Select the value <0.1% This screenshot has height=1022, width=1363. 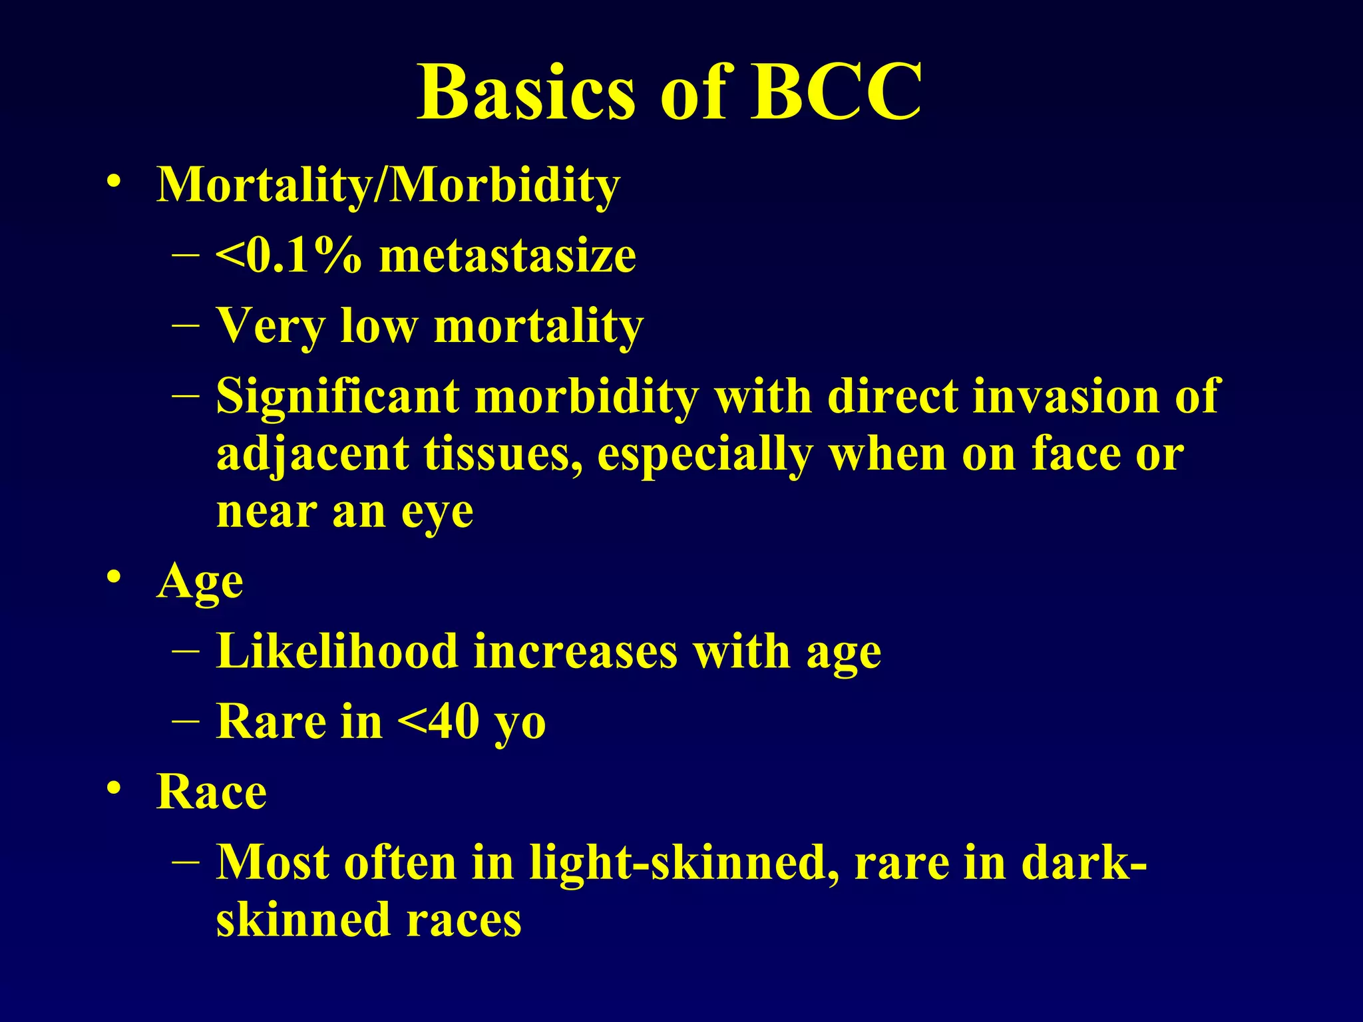(288, 255)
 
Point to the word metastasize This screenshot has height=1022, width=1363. (507, 255)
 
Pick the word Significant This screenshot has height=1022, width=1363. (337, 397)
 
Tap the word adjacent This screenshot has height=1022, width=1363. (312, 455)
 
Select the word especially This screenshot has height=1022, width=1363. (705, 455)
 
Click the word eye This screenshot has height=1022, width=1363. (437, 512)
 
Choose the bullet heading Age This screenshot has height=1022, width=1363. (200, 582)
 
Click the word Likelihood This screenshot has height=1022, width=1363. (337, 651)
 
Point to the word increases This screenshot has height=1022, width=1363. (576, 651)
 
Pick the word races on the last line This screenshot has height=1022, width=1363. (464, 920)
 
